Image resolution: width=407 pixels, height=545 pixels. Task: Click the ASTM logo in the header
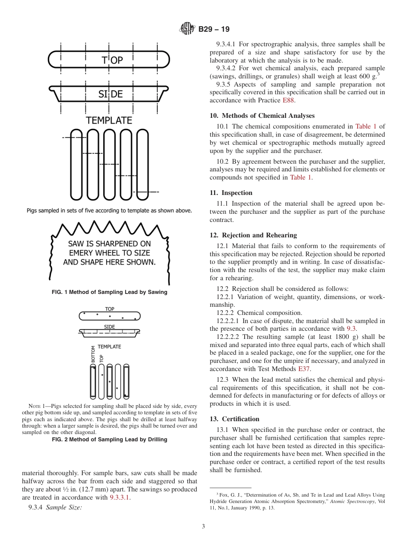coord(187,29)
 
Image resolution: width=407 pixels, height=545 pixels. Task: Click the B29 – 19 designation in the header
coord(214,29)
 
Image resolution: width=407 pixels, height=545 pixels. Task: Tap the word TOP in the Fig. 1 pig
coord(112,60)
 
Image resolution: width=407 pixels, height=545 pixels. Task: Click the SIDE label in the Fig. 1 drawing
coord(111,94)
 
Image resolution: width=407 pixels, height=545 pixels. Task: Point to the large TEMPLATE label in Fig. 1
coord(109,120)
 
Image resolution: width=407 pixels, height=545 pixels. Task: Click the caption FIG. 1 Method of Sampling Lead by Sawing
coord(109,292)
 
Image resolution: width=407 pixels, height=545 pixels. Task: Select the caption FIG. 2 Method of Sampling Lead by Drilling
coord(109,440)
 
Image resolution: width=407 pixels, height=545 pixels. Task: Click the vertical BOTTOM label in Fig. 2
coord(93,354)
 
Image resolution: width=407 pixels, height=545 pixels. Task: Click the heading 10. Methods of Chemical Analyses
coord(262,116)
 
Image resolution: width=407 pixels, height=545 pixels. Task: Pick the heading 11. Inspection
coord(231,193)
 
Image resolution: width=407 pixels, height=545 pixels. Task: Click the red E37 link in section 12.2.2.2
coord(304,369)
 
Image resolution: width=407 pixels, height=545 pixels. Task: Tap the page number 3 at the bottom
coord(203,527)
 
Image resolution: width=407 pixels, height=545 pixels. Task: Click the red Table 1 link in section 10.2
coord(301,177)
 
